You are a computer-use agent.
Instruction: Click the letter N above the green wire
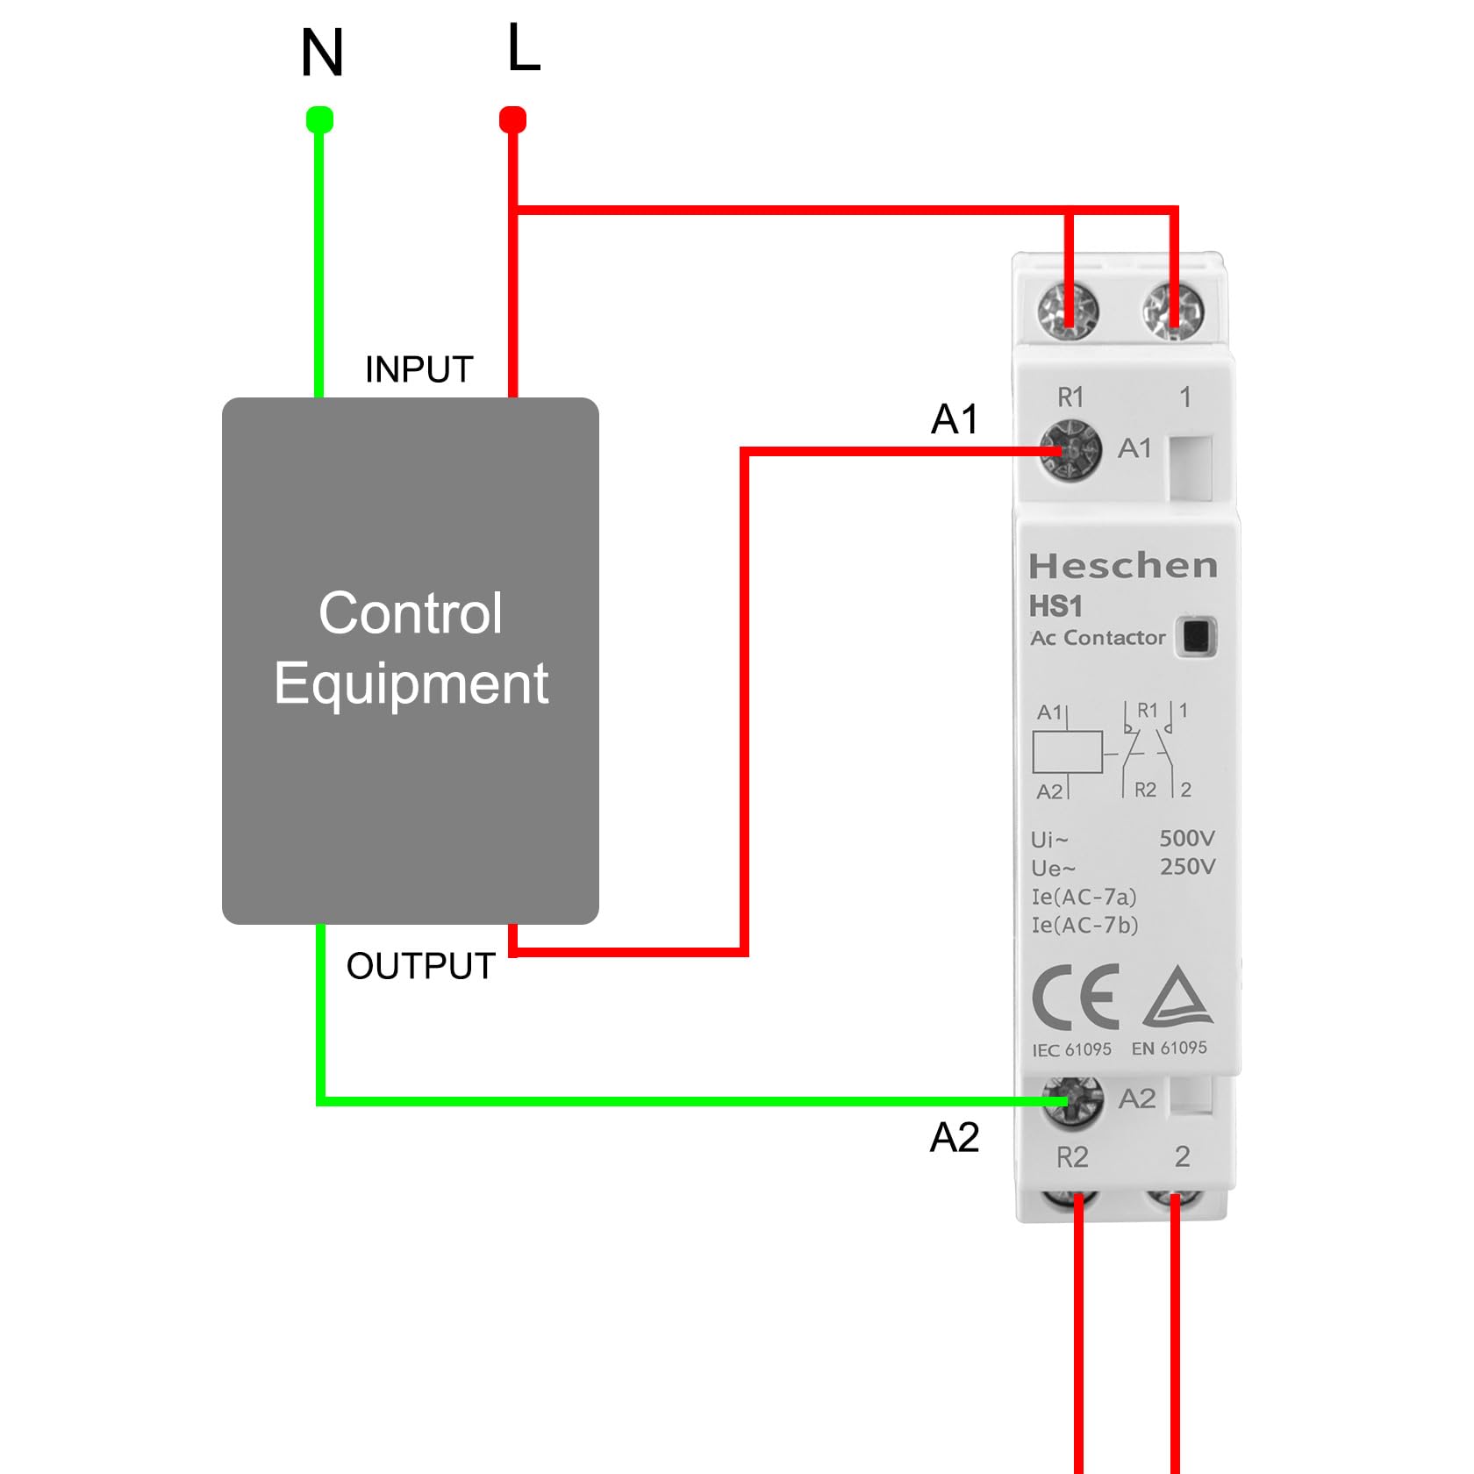point(321,53)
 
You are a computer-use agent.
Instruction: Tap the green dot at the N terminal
point(319,119)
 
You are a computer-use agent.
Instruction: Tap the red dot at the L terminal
point(512,119)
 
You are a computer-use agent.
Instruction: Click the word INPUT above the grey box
point(419,369)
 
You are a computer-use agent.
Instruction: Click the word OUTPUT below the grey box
point(421,966)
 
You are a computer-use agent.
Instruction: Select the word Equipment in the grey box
point(411,684)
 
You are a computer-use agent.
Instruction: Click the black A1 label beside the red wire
point(955,419)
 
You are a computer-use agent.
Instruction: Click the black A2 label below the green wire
point(955,1137)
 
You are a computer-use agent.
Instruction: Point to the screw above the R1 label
point(1068,311)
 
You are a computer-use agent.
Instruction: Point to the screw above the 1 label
point(1173,311)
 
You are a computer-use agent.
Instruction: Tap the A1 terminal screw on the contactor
point(1070,450)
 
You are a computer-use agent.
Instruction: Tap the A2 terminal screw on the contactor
point(1072,1101)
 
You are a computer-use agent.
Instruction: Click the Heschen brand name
point(1123,566)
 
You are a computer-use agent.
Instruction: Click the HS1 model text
point(1055,606)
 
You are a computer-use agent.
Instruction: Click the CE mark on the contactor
point(1077,997)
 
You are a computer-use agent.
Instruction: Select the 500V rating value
point(1187,838)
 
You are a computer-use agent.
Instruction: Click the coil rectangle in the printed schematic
point(1068,752)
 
